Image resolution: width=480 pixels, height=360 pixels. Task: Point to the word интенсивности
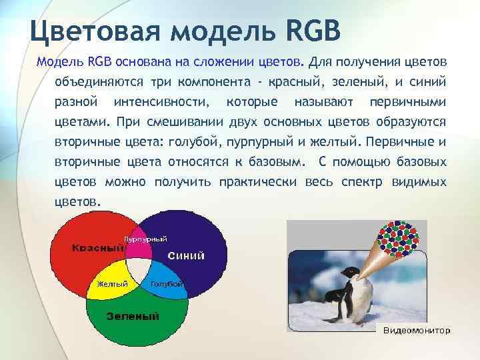pyautogui.click(x=161, y=103)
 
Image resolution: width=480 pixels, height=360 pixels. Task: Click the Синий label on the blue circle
pyautogui.click(x=186, y=255)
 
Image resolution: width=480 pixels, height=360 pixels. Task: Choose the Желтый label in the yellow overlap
pyautogui.click(x=113, y=284)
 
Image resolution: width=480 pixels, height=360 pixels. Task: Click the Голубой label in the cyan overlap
pyautogui.click(x=167, y=284)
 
